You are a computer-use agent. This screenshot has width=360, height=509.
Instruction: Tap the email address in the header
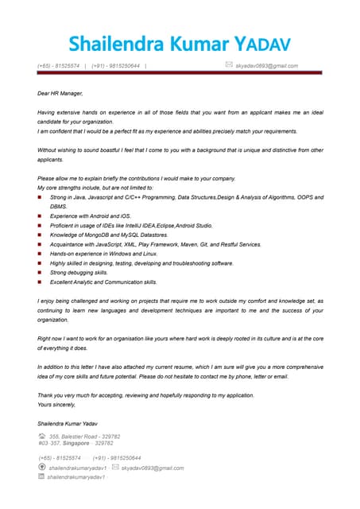(x=267, y=65)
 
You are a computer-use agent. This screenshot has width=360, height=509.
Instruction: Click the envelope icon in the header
(x=229, y=64)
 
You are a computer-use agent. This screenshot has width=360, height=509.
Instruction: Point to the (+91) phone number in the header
(x=116, y=65)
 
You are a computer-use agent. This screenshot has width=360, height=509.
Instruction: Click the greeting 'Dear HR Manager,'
(x=60, y=93)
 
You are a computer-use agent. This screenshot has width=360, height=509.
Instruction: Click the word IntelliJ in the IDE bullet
(x=149, y=225)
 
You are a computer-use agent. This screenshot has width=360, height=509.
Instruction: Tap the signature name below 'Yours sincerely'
(x=67, y=422)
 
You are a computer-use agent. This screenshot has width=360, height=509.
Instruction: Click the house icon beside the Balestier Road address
(x=41, y=436)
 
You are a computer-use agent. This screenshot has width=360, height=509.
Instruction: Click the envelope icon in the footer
(x=115, y=468)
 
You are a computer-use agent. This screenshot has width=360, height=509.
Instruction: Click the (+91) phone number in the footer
(x=117, y=458)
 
